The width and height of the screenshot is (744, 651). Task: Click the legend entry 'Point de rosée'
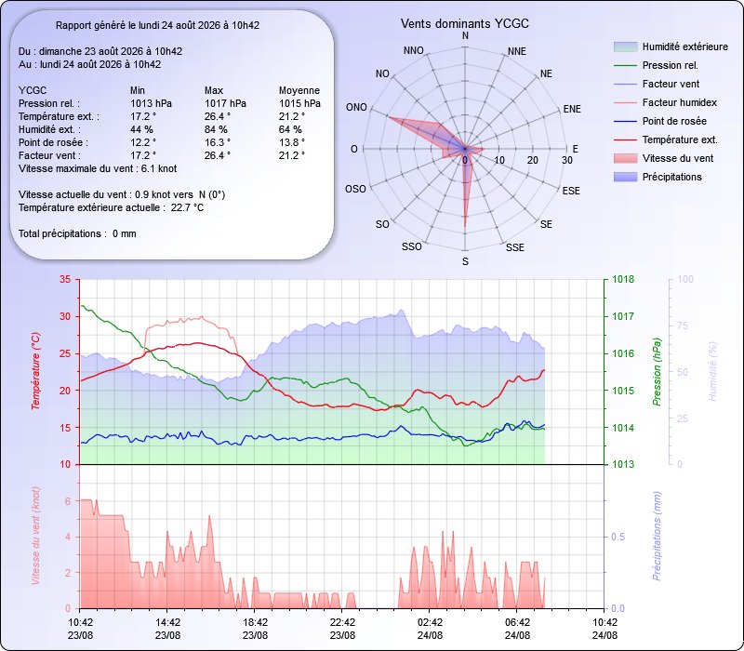pos(674,121)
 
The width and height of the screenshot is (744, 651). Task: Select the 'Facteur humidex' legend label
pos(680,102)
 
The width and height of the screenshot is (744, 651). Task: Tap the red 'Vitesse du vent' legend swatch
pos(625,158)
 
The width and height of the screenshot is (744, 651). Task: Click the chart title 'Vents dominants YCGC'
pos(464,24)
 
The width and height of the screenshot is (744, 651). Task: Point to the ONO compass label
pos(356,107)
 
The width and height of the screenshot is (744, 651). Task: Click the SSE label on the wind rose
pos(515,247)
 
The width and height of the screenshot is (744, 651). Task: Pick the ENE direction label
pos(572,109)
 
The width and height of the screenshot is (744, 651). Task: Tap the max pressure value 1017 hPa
pos(225,103)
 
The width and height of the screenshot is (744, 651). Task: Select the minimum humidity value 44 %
pos(142,129)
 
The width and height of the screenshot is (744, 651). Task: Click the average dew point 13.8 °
pos(292,142)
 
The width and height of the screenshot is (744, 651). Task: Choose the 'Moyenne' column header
pos(299,90)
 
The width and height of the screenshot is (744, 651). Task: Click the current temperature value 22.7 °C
pos(187,207)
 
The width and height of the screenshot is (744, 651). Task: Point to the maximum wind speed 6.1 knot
pos(159,168)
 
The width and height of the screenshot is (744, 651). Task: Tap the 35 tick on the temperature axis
pos(65,279)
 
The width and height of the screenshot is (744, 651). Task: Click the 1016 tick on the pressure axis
pos(623,353)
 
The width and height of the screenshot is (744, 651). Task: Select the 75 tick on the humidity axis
pos(683,325)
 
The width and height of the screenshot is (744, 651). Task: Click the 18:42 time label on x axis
pos(255,622)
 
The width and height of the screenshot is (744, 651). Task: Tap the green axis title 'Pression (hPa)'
pos(657,371)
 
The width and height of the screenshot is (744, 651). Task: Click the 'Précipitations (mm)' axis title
pos(657,536)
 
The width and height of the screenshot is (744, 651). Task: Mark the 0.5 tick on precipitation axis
pos(618,537)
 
